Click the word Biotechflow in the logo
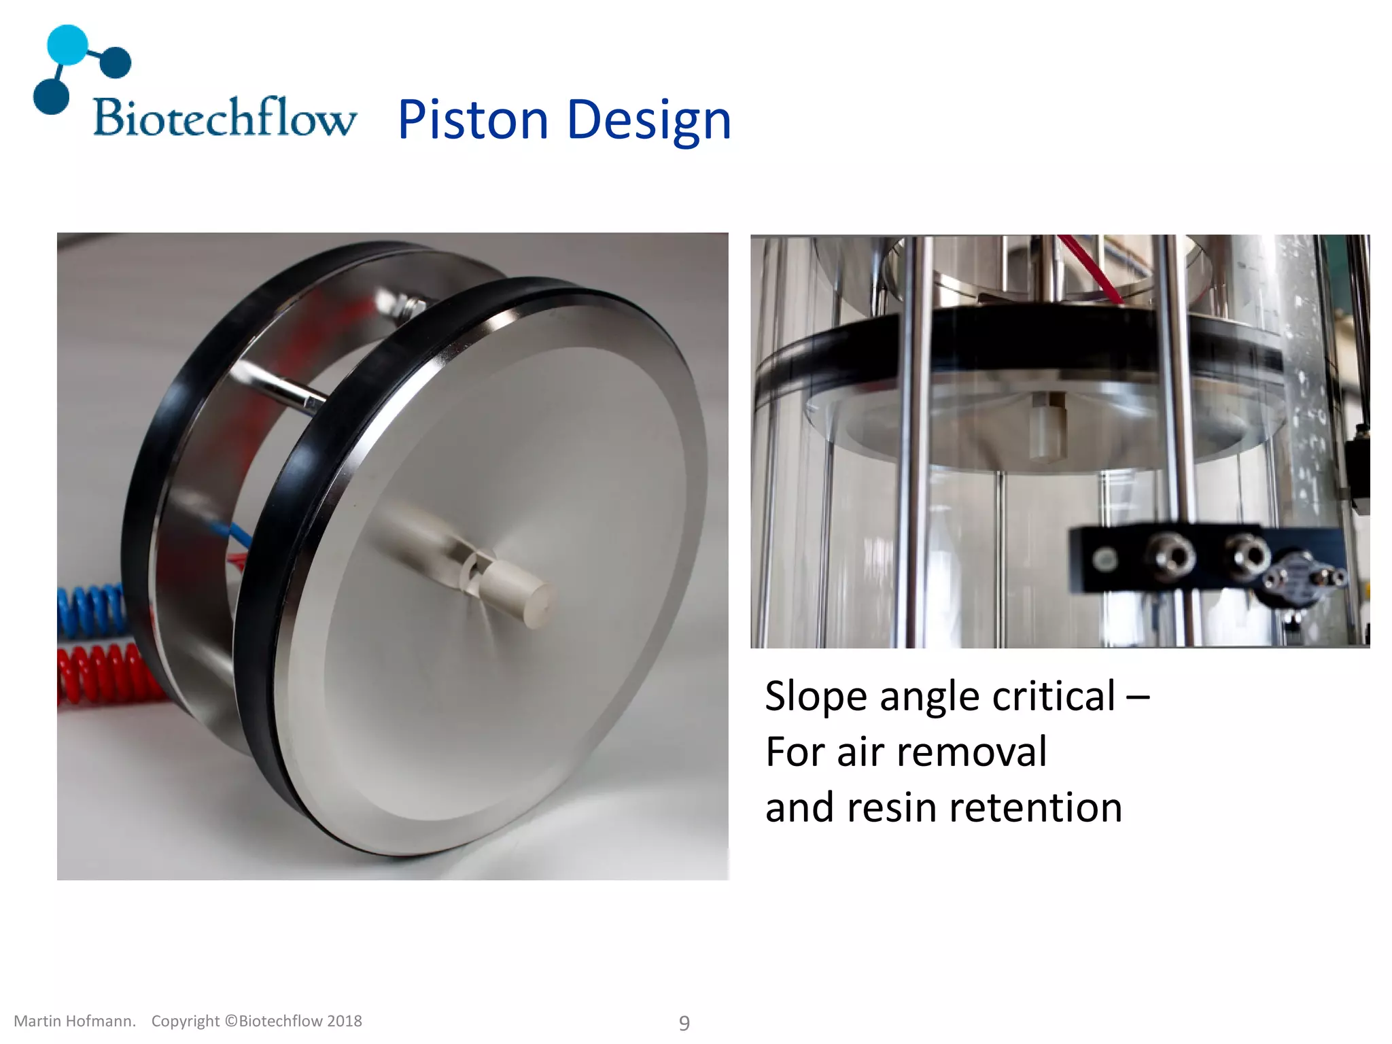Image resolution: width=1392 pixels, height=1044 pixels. click(224, 118)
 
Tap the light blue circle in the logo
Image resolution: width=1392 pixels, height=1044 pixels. click(67, 45)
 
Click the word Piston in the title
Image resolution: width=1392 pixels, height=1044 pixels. click(472, 120)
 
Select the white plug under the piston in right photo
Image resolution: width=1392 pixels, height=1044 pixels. click(1047, 428)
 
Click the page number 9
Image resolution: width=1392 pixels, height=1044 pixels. click(684, 1023)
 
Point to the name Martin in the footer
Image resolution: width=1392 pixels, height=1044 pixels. click(37, 1022)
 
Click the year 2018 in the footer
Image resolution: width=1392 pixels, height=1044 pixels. click(345, 1022)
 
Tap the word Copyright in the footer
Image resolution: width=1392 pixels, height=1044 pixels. click(185, 1022)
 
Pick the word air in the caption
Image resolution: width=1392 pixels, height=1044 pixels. click(860, 752)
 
